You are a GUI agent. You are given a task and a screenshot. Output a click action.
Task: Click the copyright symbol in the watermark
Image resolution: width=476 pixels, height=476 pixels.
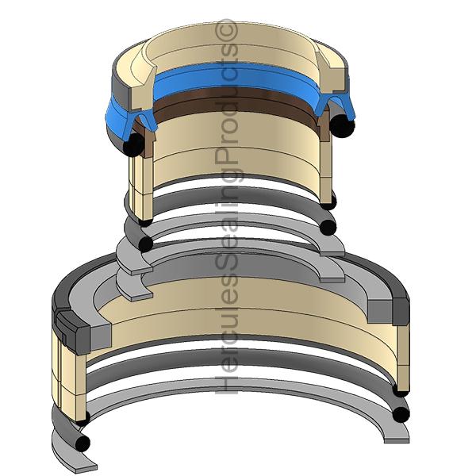coord(226,30)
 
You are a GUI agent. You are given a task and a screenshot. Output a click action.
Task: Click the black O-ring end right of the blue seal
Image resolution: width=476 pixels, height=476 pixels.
coord(342,126)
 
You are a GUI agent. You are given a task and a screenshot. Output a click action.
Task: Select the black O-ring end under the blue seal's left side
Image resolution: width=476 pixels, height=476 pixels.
coord(134,145)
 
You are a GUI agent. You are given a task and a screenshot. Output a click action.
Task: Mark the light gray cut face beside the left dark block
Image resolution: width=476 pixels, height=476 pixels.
coord(101,336)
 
